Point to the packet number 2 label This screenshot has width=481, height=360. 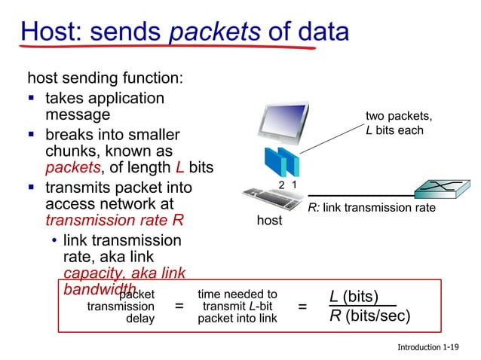(x=282, y=185)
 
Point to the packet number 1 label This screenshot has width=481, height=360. (x=295, y=185)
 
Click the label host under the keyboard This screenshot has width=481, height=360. (x=269, y=221)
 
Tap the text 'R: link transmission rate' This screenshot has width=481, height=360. (x=371, y=208)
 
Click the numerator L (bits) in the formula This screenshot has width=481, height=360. (x=354, y=296)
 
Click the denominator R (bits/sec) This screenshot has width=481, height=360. (x=369, y=315)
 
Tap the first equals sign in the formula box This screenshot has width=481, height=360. (x=179, y=307)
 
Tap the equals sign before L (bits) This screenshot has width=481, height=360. (x=302, y=307)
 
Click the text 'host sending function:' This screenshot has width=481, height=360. (x=105, y=78)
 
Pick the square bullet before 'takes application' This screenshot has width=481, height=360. (x=32, y=99)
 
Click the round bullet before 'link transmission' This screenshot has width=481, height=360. (x=54, y=241)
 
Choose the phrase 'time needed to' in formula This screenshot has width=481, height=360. (x=237, y=294)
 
